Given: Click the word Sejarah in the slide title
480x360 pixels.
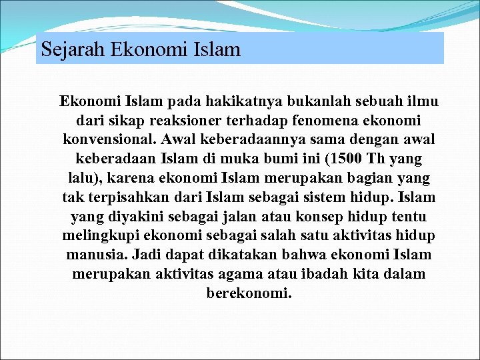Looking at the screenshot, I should [x=66, y=49].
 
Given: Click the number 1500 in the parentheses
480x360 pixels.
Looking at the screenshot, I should [x=339, y=159].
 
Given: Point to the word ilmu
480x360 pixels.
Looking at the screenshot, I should [x=423, y=102].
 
